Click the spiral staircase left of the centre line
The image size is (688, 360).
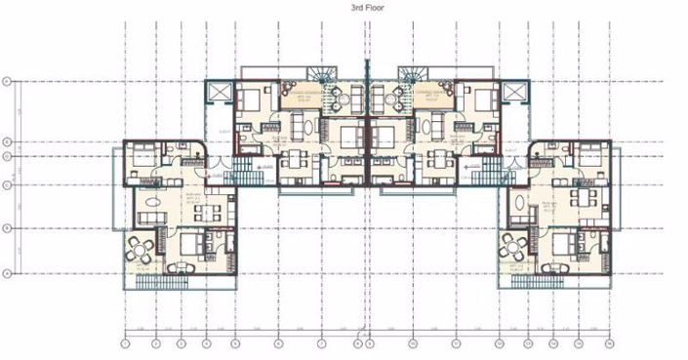tap(321, 77)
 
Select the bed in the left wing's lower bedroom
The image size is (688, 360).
tap(192, 243)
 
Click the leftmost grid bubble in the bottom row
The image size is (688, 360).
tap(125, 343)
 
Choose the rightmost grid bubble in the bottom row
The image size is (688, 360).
tap(609, 343)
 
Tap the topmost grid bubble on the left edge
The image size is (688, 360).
tap(6, 81)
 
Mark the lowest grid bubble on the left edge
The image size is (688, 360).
tap(6, 274)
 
